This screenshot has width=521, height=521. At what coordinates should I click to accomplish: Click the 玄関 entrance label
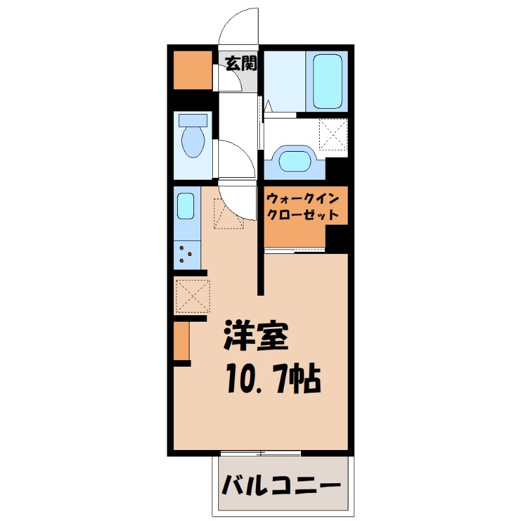pyautogui.click(x=241, y=63)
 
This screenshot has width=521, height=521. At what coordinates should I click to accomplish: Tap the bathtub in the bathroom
pyautogui.click(x=328, y=81)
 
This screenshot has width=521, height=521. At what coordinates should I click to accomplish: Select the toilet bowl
pyautogui.click(x=193, y=139)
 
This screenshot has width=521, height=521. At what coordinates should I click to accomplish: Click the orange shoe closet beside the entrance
pyautogui.click(x=193, y=70)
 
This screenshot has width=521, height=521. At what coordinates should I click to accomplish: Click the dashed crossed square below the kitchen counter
pyautogui.click(x=192, y=295)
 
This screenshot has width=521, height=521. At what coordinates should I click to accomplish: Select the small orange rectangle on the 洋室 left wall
pyautogui.click(x=181, y=341)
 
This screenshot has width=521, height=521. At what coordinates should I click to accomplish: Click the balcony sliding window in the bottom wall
pyautogui.click(x=260, y=452)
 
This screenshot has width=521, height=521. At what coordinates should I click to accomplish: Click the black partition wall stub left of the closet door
pyautogui.click(x=260, y=274)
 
